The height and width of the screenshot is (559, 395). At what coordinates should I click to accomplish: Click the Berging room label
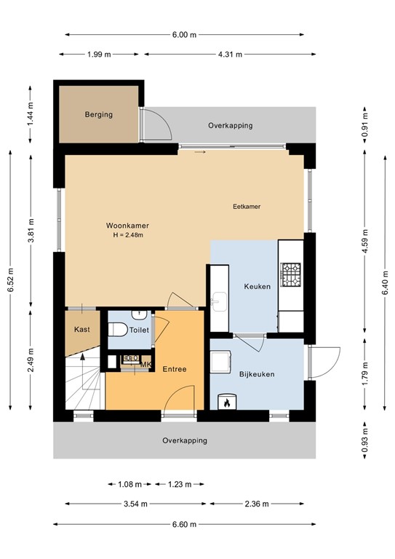(x=98, y=115)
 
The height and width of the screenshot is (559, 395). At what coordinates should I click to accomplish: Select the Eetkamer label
(x=247, y=207)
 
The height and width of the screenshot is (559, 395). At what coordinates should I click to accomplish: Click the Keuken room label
(x=257, y=287)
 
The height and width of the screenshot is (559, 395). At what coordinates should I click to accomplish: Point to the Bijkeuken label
(x=257, y=374)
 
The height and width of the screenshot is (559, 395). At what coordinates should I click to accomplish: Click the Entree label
(x=174, y=369)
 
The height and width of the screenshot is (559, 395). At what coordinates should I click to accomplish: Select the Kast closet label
(x=81, y=330)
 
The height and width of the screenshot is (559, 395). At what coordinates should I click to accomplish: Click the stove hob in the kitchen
(x=291, y=274)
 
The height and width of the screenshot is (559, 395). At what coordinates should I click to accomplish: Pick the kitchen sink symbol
(x=218, y=301)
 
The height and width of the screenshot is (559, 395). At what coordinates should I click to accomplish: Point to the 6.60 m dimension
(x=185, y=525)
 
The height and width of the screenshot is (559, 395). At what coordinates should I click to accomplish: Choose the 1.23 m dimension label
(x=179, y=483)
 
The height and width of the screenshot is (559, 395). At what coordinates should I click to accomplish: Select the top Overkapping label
(x=230, y=125)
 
